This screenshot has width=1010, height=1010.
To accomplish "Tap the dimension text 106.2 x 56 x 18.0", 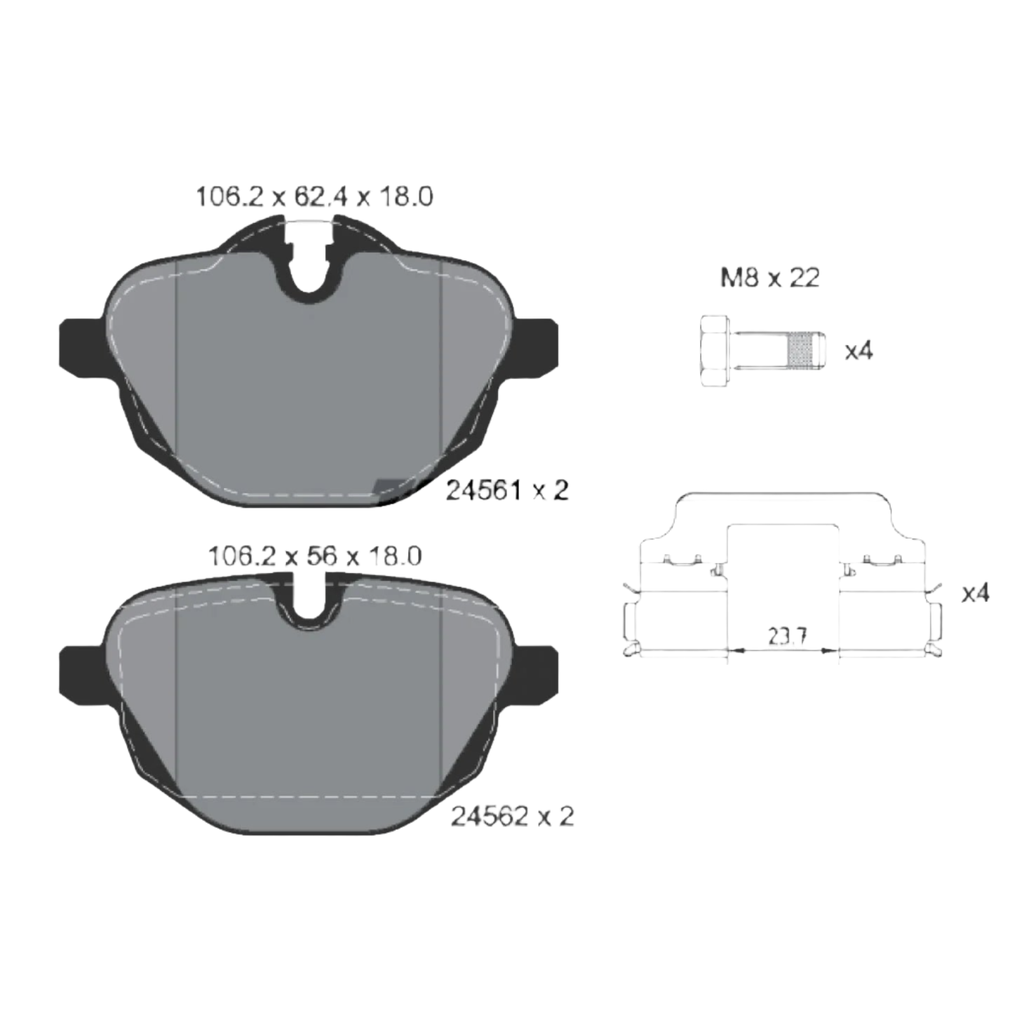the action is point(314,555).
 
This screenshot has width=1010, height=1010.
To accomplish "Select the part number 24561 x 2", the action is point(507,490).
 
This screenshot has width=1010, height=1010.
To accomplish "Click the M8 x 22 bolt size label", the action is point(769,278).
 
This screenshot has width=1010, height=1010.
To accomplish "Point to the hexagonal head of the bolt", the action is point(715,351).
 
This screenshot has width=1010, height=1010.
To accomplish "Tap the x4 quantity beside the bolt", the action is point(858,351).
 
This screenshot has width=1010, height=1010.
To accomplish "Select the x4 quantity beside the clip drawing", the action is point(975,593).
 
